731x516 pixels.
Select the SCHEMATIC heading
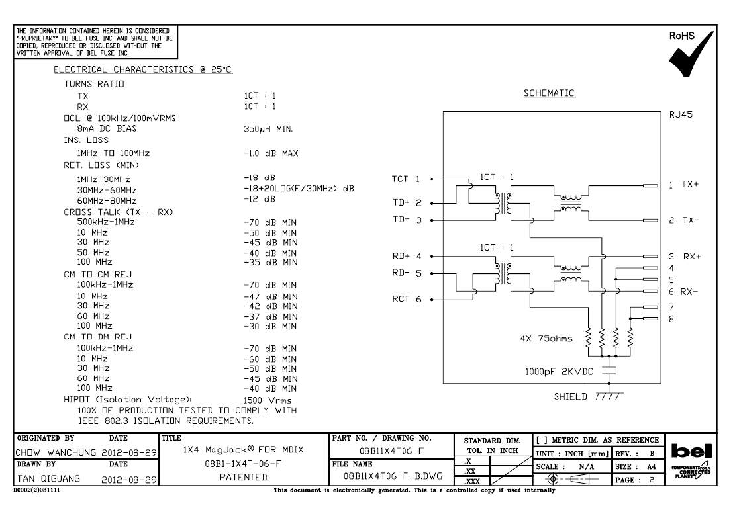(x=549, y=93)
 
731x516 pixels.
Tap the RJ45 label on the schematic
(x=681, y=114)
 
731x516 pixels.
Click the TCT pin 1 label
(x=406, y=179)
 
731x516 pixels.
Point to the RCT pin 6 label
(x=407, y=299)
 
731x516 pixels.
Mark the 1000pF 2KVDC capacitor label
(x=559, y=372)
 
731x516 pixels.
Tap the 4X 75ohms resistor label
(x=546, y=339)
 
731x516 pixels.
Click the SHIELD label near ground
(x=570, y=396)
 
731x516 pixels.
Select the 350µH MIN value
(x=268, y=129)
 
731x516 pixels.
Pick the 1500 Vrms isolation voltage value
(x=267, y=400)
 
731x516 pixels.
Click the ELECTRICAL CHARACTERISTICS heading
(x=142, y=69)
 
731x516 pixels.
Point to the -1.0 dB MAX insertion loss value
(x=271, y=153)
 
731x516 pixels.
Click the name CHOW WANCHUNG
(x=56, y=452)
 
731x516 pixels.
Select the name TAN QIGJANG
(x=48, y=479)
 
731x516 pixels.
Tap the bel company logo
(x=691, y=451)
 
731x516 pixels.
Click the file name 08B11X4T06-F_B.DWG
(x=393, y=476)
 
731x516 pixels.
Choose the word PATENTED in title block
(x=244, y=477)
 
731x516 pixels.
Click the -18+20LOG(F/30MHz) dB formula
(x=299, y=188)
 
